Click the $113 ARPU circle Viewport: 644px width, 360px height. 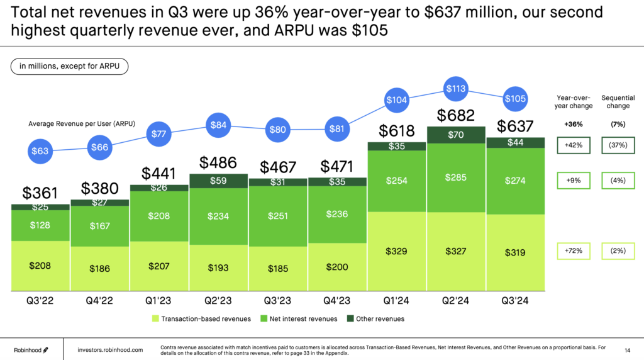pyautogui.click(x=455, y=89)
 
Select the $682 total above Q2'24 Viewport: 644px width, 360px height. pyautogui.click(x=455, y=116)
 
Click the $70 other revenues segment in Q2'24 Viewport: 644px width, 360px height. pyautogui.click(x=455, y=135)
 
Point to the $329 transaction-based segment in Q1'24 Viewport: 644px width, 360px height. pyautogui.click(x=397, y=251)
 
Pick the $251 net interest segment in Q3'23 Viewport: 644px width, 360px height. pyautogui.click(x=279, y=216)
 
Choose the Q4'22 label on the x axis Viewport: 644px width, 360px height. pyautogui.click(x=99, y=301)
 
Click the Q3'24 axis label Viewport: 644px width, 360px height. pyautogui.click(x=514, y=301)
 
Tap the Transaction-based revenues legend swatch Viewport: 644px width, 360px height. pyautogui.click(x=155, y=319)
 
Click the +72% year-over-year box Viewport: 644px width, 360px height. pyautogui.click(x=573, y=251)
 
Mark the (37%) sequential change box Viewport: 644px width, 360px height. pyautogui.click(x=618, y=145)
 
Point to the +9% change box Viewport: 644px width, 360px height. pyautogui.click(x=573, y=181)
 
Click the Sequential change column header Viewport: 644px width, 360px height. pyautogui.click(x=618, y=102)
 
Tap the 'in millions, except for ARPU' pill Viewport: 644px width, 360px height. pyautogui.click(x=69, y=65)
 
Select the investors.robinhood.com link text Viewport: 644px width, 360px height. pyautogui.click(x=110, y=349)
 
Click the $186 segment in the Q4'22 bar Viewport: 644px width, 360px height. pyautogui.click(x=99, y=269)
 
